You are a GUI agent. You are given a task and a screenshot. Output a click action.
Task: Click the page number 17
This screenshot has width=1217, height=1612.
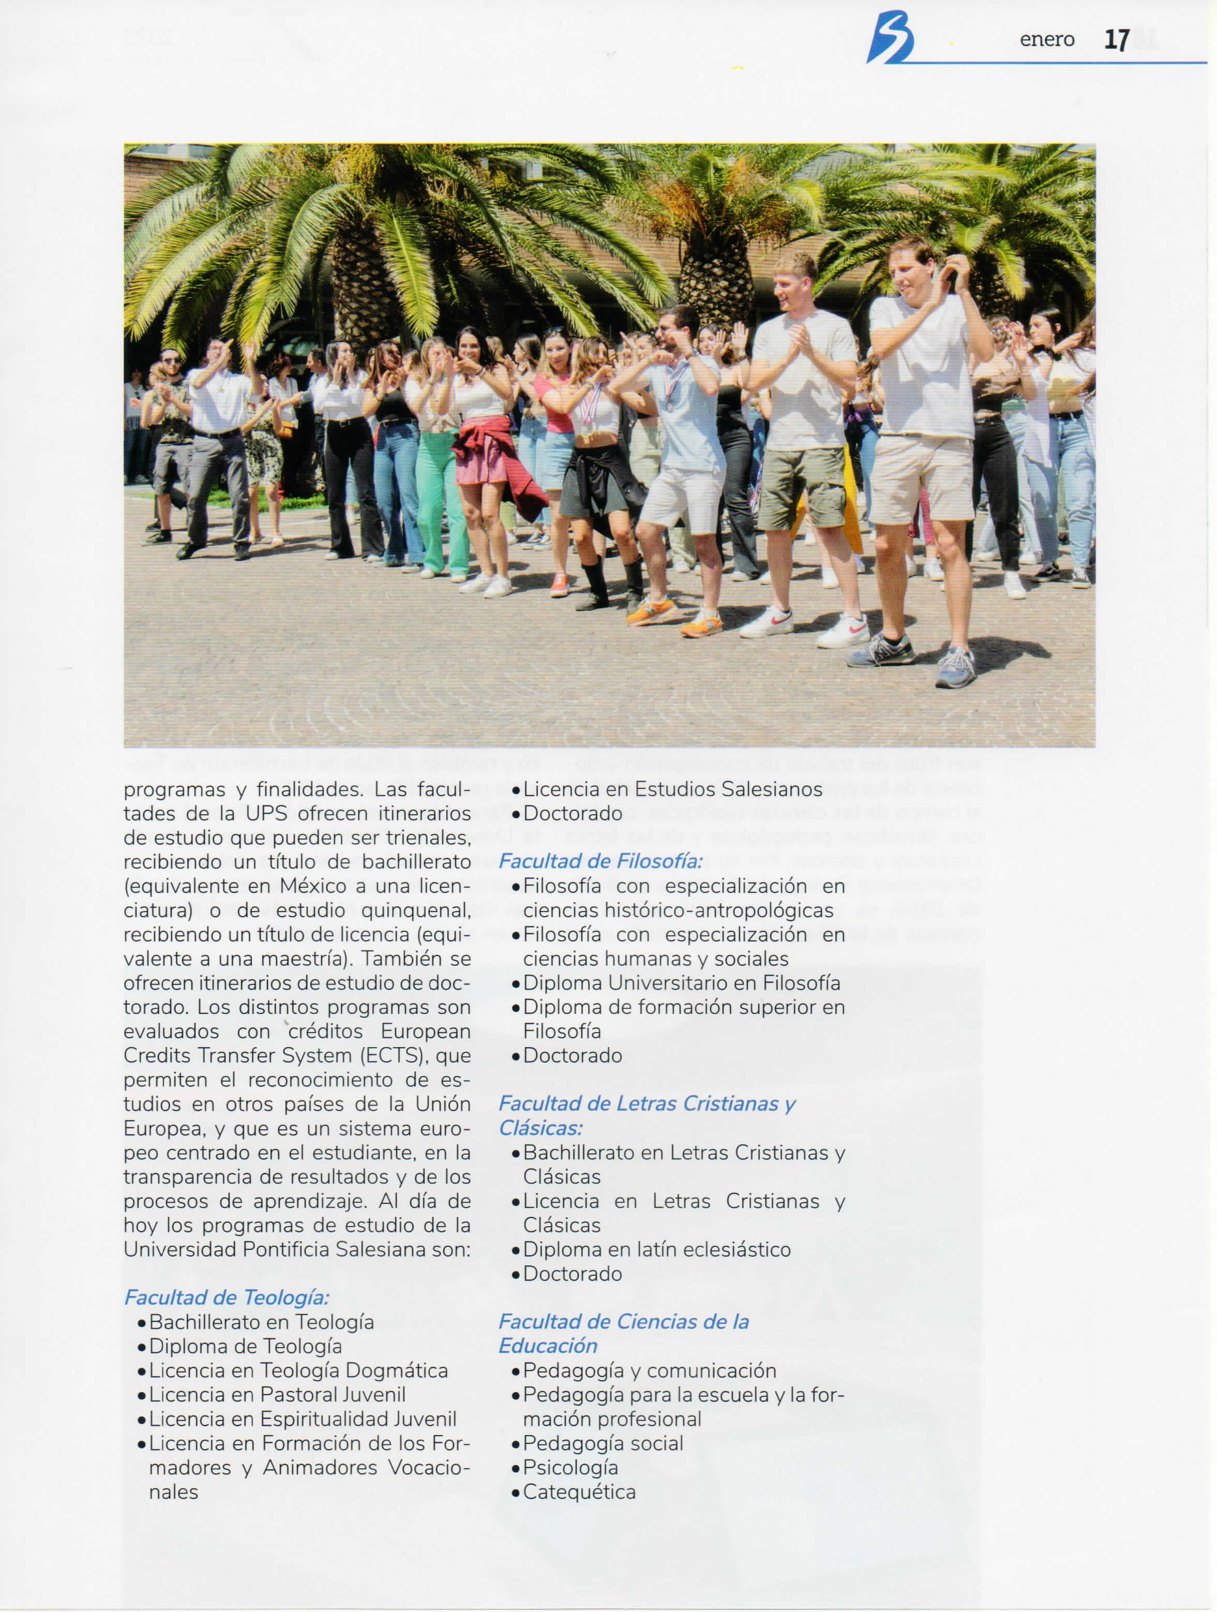(x=1117, y=39)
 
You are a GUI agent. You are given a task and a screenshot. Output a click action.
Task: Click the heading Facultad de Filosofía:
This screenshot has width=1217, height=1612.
(x=600, y=861)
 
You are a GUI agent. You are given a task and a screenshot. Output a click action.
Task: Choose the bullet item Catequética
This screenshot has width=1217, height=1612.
(x=579, y=1492)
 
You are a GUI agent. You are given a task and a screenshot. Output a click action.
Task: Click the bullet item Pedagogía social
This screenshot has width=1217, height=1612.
(x=603, y=1444)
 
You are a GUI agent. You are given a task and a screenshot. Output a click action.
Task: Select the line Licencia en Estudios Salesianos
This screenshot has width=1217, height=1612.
(x=672, y=789)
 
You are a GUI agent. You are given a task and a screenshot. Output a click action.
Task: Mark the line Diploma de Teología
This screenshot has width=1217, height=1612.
(x=245, y=1347)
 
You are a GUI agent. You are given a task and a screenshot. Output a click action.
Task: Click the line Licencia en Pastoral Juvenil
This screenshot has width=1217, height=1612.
(x=277, y=1395)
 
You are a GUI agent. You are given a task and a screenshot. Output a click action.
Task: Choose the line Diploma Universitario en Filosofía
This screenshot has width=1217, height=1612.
(x=681, y=983)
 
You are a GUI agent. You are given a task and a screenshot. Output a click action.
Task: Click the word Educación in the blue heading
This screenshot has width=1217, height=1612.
(x=548, y=1346)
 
